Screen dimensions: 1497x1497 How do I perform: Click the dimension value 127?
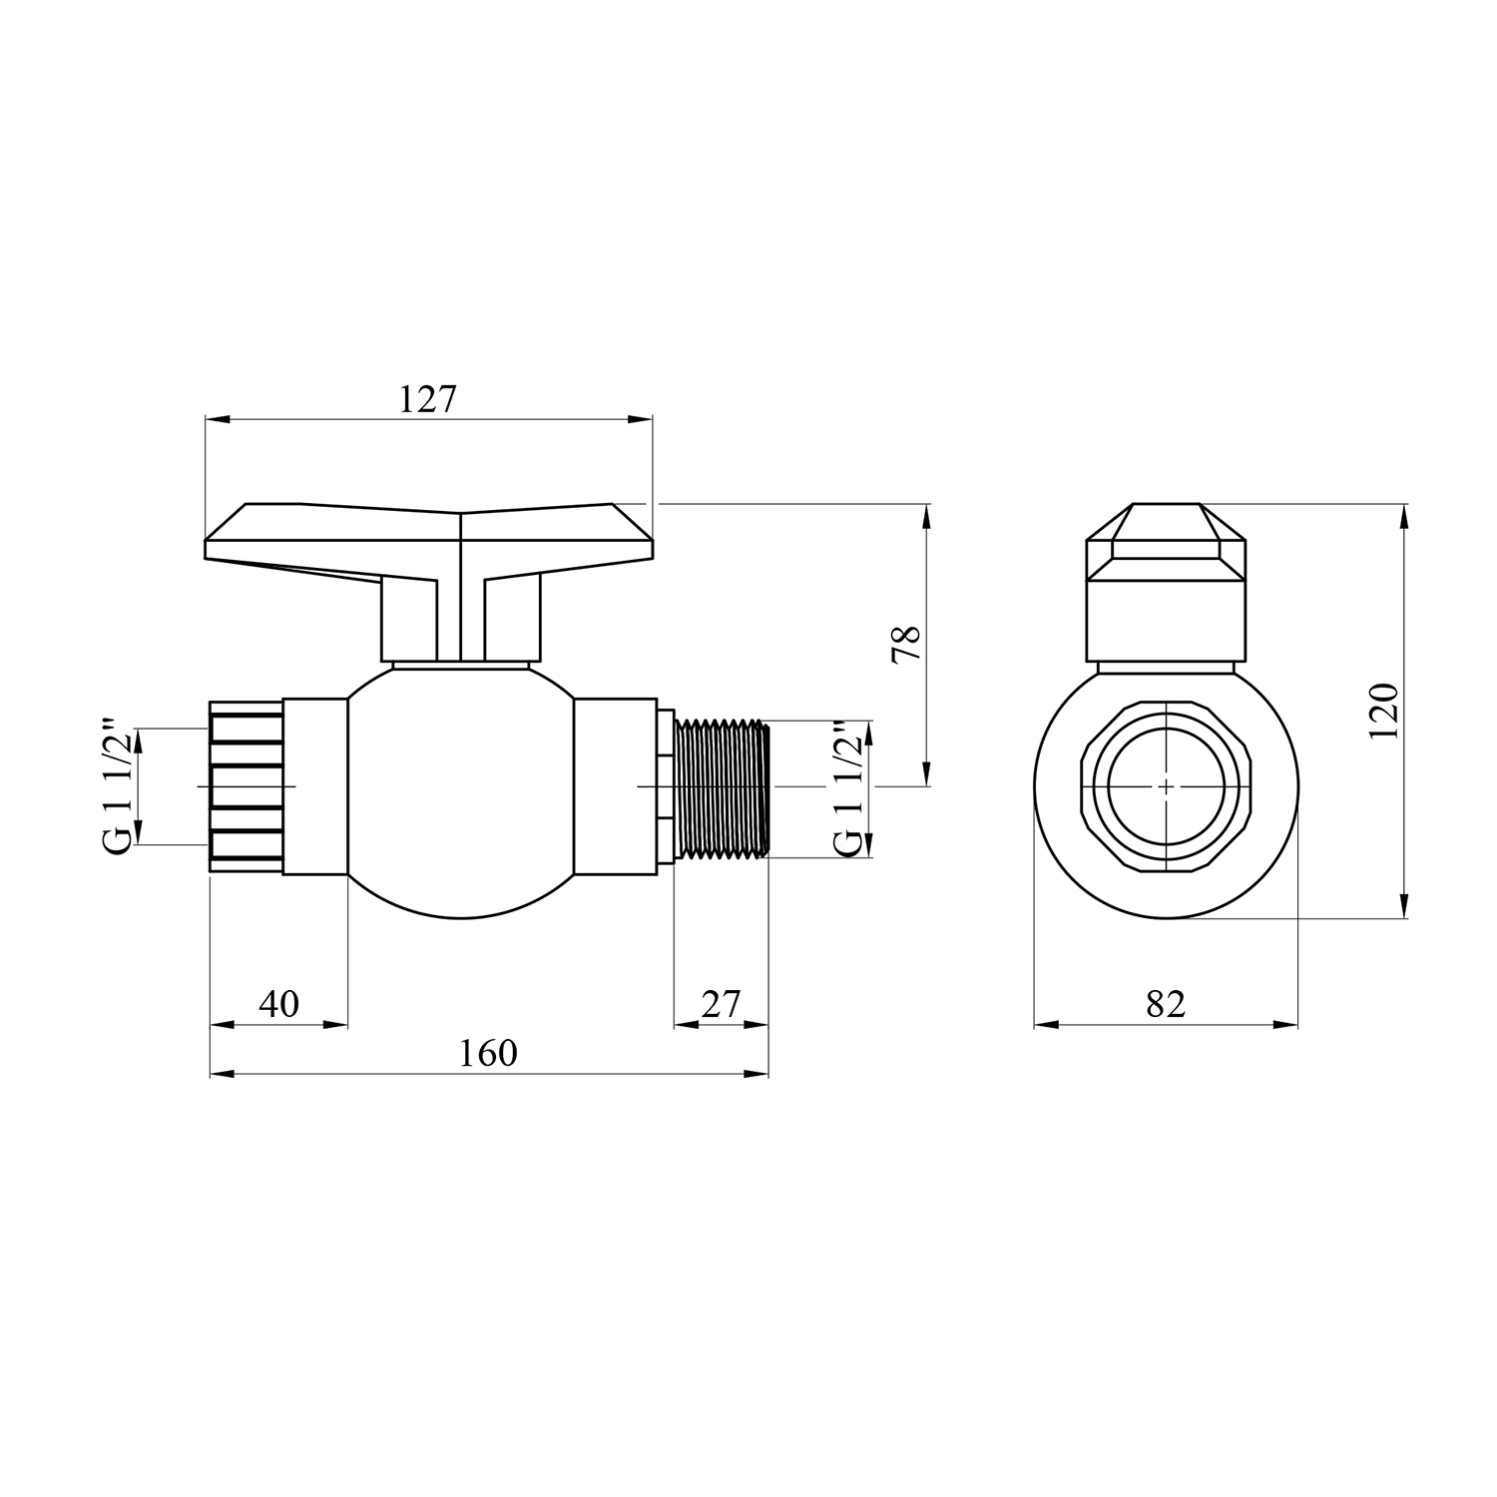click(x=427, y=400)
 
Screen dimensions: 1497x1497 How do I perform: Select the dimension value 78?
click(x=907, y=645)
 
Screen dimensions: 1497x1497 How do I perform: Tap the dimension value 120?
click(x=1383, y=710)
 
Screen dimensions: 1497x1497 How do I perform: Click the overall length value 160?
click(x=489, y=1053)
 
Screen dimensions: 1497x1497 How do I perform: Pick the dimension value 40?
click(x=278, y=1003)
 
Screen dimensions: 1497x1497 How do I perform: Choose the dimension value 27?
click(x=721, y=1003)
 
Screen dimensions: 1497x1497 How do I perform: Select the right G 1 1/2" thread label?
click(x=847, y=787)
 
